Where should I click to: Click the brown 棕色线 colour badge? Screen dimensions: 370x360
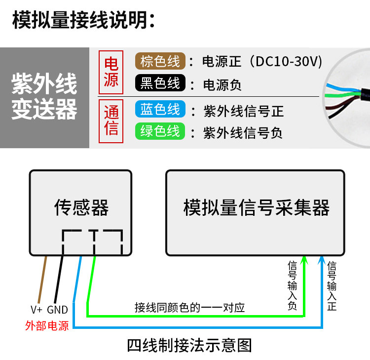point(160,61)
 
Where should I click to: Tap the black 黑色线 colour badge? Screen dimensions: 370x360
point(160,83)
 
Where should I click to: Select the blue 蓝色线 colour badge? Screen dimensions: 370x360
point(160,109)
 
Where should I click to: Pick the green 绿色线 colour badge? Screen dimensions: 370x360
point(160,131)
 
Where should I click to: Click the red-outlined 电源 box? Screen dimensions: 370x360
point(111,72)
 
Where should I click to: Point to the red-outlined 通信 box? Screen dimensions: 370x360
point(111,121)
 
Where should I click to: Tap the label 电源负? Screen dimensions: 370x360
point(222,85)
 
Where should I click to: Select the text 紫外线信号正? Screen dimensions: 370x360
point(244,111)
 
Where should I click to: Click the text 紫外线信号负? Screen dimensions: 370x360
point(243,133)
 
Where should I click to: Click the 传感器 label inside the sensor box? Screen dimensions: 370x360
point(81,207)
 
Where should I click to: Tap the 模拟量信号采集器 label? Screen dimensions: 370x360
point(256,207)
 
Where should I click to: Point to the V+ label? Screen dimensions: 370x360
point(37,310)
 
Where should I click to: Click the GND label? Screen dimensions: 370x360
point(57,310)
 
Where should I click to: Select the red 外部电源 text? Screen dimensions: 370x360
point(47,326)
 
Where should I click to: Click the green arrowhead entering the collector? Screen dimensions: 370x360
point(304,260)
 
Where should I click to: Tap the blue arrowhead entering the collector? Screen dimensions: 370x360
point(321,260)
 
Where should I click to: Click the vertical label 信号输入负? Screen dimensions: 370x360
point(292,285)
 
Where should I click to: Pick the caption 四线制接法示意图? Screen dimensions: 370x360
point(189,346)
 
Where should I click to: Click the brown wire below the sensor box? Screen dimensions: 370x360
point(42,280)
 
